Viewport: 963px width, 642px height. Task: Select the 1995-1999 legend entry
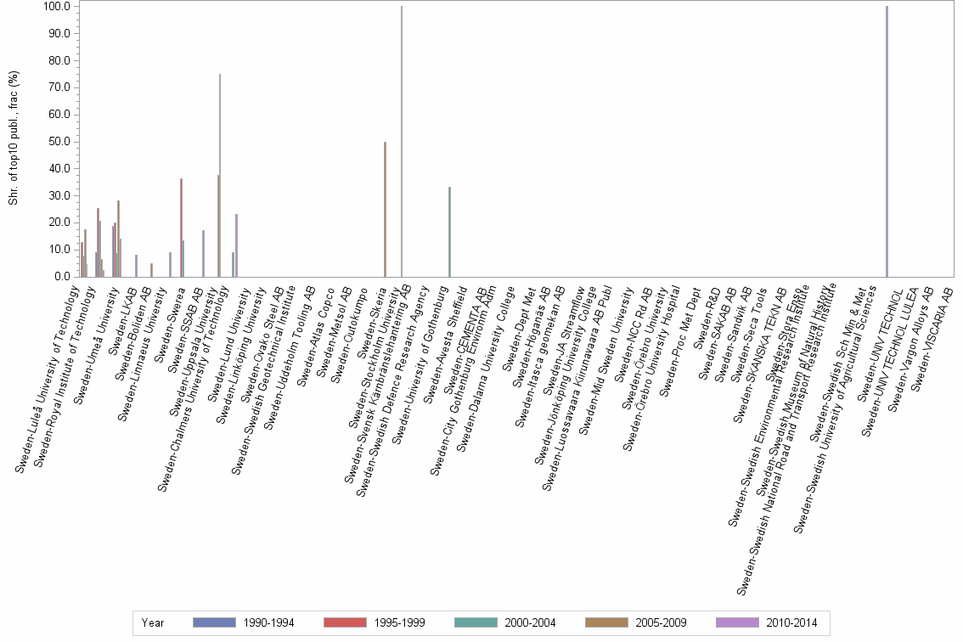pyautogui.click(x=374, y=623)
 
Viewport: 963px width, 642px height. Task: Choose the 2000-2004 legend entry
pyautogui.click(x=504, y=623)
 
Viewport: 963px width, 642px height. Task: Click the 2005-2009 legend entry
pyautogui.click(x=635, y=623)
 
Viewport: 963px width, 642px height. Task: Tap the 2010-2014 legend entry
pyautogui.click(x=766, y=623)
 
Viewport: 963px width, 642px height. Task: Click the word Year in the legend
pyautogui.click(x=153, y=623)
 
